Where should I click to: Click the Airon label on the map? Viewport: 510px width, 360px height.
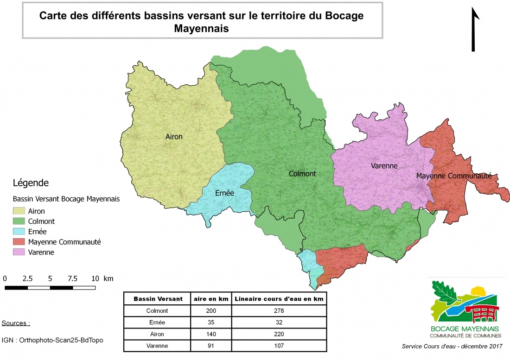(x=174, y=137)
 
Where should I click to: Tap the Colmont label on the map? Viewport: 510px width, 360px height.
(x=302, y=174)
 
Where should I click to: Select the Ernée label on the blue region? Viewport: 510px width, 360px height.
(x=224, y=193)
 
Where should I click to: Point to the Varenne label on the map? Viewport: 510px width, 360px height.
(x=384, y=165)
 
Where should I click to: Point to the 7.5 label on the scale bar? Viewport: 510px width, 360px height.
(x=72, y=279)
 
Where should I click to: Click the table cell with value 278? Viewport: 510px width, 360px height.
(x=279, y=311)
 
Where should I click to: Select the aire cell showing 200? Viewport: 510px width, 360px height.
(x=211, y=311)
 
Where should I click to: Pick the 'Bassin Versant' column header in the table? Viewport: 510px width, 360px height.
(x=158, y=299)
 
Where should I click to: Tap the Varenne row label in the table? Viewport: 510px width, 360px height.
(x=158, y=346)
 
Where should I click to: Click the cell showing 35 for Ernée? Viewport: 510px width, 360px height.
(x=211, y=322)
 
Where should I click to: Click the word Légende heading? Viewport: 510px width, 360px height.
(x=31, y=183)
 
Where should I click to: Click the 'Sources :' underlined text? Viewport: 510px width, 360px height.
(x=16, y=323)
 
